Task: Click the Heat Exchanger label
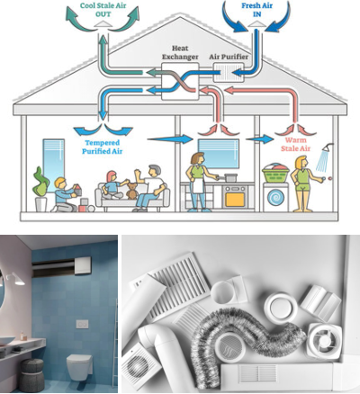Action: click(180, 52)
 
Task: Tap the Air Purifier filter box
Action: click(229, 73)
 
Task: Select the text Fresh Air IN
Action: click(256, 10)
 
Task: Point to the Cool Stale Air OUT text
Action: click(103, 10)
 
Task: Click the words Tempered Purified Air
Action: click(103, 147)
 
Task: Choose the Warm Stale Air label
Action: click(295, 144)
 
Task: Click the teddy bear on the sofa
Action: click(131, 191)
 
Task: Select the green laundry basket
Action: click(275, 174)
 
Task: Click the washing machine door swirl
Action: click(275, 199)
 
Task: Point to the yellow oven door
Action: click(235, 200)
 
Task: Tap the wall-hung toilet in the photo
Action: click(79, 366)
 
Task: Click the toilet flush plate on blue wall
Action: click(82, 324)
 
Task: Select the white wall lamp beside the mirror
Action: click(15, 279)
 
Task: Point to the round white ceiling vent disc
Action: click(281, 308)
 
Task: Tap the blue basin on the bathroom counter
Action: click(7, 341)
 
